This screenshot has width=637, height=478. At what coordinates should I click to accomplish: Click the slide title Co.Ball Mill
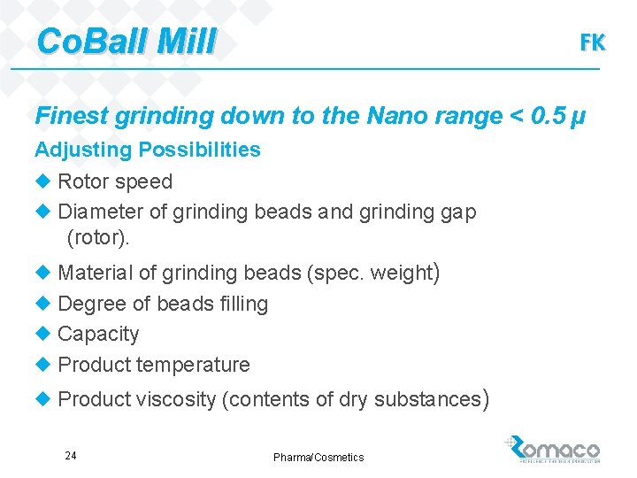126,41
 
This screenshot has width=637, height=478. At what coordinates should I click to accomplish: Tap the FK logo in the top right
592,42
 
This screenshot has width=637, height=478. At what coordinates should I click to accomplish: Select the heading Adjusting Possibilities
148,150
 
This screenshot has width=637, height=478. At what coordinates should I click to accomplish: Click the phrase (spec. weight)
373,272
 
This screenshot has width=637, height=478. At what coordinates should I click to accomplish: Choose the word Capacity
98,334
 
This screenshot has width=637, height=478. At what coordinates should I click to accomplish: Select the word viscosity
175,399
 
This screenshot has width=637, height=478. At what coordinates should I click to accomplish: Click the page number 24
71,456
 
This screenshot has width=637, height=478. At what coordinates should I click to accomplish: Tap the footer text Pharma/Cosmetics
318,457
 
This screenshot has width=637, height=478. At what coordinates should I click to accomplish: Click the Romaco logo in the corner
553,450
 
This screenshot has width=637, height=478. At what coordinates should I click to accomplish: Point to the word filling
242,304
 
